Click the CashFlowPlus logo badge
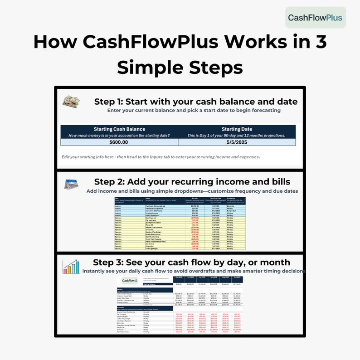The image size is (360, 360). coord(316,18)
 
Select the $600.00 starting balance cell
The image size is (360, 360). coord(119,142)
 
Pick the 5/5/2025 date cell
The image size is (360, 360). coord(237,142)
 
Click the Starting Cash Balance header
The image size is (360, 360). coord(119,129)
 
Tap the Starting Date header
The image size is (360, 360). coord(237,129)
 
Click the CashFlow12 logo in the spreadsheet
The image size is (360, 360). coord(130,281)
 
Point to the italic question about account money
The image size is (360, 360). coord(119,136)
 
